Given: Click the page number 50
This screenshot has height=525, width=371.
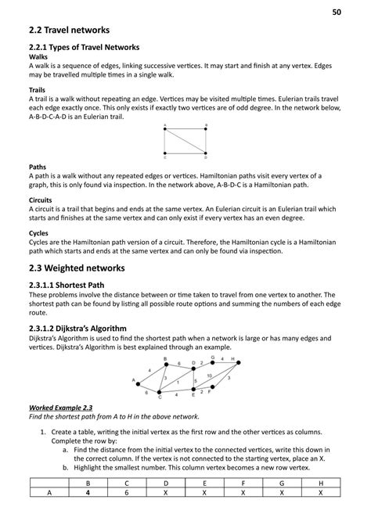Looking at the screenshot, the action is pos(337,13).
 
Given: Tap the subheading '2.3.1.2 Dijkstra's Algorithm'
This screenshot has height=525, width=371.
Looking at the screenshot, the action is pos(86,328).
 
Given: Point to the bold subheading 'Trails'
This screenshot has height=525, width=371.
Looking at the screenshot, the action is pos(36,90).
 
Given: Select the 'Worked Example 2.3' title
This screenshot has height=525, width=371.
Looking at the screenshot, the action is pos(61,408).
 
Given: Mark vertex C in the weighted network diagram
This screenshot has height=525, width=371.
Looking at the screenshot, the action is pos(159,394).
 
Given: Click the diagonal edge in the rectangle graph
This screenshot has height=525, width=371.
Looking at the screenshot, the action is pos(185,141).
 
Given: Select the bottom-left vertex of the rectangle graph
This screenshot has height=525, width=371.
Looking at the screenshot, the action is pos(165,153).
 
